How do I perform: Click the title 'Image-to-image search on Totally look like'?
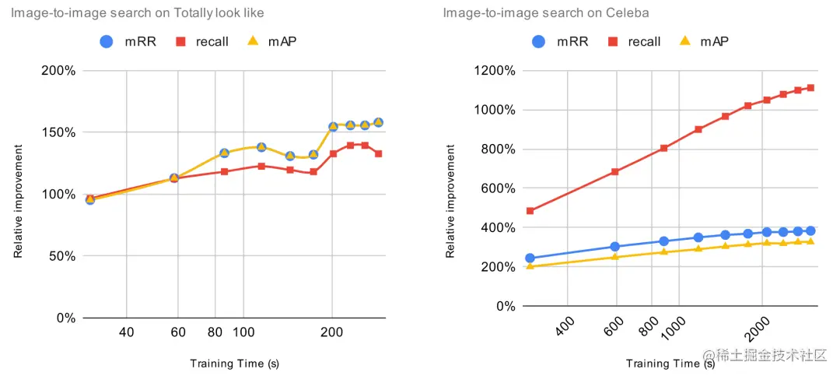[x=137, y=13]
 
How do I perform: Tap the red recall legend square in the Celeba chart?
[x=613, y=41]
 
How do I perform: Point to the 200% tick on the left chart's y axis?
[x=58, y=71]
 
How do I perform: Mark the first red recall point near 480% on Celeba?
[x=530, y=211]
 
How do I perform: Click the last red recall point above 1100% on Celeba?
[x=810, y=88]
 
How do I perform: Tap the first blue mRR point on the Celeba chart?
[x=530, y=258]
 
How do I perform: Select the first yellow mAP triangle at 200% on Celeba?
[x=530, y=266]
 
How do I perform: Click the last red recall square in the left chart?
[x=378, y=153]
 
